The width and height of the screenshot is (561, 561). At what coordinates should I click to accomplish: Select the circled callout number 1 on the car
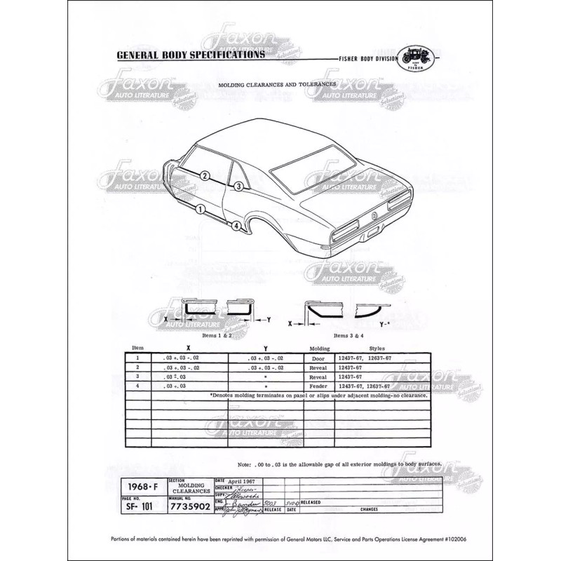coord(201,208)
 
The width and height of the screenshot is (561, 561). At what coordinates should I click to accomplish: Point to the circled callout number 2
coord(205,176)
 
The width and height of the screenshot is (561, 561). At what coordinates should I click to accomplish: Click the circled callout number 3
coord(238,186)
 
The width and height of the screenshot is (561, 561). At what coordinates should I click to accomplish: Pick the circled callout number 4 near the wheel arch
coord(237,225)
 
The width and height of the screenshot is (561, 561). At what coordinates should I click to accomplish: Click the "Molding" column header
coord(319,349)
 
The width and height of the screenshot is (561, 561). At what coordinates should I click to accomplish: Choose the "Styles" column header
coord(377,349)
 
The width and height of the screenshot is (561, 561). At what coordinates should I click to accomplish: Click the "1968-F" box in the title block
coord(140,485)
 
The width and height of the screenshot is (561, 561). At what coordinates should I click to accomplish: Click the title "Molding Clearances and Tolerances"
coord(276,83)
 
